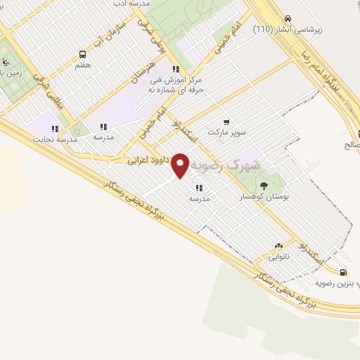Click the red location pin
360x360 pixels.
[181, 166]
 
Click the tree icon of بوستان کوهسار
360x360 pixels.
[264, 186]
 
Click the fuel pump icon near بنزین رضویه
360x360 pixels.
[343, 272]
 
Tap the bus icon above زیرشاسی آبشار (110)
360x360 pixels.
[287, 19]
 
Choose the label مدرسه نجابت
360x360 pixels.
[53, 139]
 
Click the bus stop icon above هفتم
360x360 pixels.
[83, 54]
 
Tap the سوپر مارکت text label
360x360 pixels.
[226, 132]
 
